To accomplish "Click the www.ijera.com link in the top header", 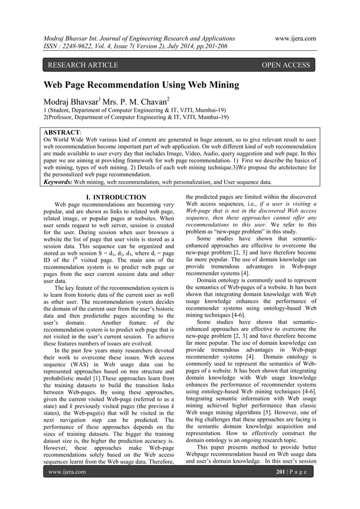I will (x=295, y=38).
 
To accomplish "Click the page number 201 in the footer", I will (x=278, y=471).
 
